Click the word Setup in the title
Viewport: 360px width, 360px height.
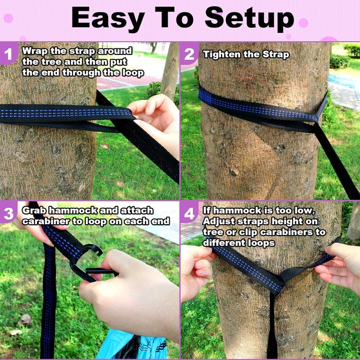[249, 19]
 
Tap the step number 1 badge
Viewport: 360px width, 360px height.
[9, 54]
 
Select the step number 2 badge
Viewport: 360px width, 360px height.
[189, 55]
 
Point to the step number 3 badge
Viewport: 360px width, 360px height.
[9, 213]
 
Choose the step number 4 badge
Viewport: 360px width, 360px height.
[189, 213]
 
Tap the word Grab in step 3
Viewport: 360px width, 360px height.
[34, 210]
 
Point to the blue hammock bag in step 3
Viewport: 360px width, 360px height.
[131, 345]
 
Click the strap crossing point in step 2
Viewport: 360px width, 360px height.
[315, 122]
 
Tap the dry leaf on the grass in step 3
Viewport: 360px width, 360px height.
[25, 319]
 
